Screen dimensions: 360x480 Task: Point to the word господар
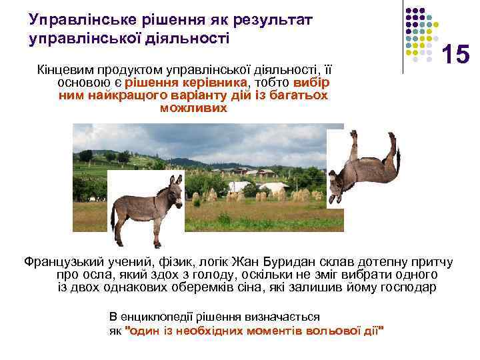404,287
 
